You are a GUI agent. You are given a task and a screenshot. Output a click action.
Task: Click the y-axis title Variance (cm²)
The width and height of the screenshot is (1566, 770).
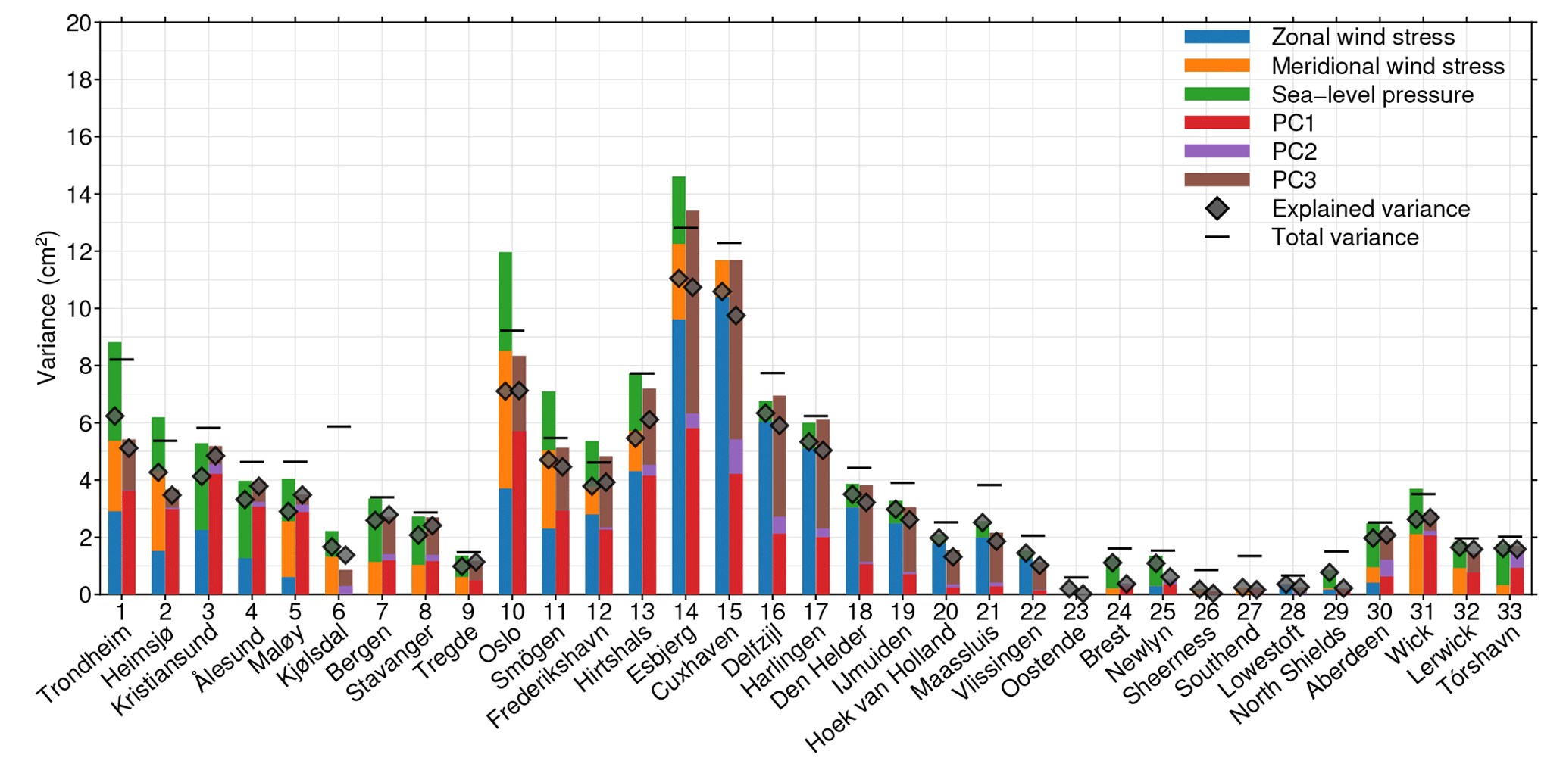46,307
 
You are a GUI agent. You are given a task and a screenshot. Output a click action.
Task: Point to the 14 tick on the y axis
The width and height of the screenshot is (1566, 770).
78,195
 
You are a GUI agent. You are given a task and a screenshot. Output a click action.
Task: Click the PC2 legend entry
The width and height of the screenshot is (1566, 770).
1293,151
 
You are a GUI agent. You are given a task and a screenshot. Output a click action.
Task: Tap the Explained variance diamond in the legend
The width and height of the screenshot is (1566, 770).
1217,209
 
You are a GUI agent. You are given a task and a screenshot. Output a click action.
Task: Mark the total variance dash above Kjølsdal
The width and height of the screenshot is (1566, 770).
339,426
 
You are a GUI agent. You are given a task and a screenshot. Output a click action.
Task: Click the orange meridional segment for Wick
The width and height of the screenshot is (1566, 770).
1415,564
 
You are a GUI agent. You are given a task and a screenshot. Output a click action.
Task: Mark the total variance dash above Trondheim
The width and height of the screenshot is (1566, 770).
121,360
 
